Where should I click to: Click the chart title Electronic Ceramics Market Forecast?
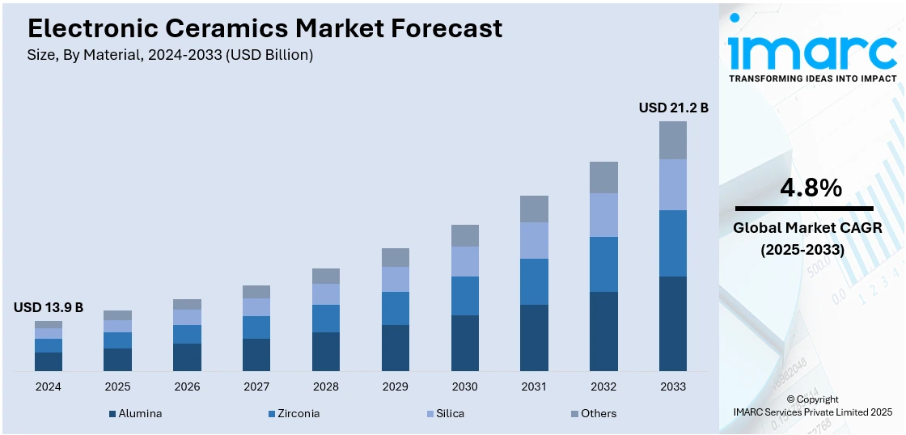tap(265, 28)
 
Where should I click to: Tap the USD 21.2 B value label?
tap(673, 108)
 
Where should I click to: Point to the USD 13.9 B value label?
tap(49, 307)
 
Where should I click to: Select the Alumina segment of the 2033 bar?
tap(673, 323)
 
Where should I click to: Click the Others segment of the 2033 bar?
tap(673, 140)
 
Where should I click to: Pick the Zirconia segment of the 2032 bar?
tap(603, 264)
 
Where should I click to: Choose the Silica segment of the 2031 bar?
tap(534, 240)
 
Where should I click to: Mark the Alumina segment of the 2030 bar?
tap(465, 343)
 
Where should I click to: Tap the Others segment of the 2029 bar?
tap(396, 257)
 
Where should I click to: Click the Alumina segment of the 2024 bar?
tap(49, 361)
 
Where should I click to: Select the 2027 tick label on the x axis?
tap(256, 386)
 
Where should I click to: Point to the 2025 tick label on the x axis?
tap(117, 386)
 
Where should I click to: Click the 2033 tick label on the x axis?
tap(673, 386)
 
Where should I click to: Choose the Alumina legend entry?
tap(136, 413)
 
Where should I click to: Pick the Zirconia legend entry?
tap(294, 413)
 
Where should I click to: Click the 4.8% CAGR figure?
tap(811, 188)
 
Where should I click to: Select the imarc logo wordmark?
tap(812, 52)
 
